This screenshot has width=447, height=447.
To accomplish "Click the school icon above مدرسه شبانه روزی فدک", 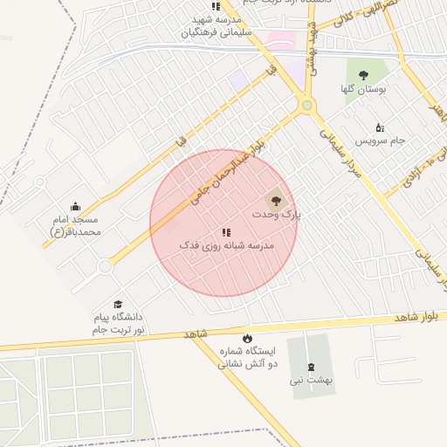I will click(x=226, y=232).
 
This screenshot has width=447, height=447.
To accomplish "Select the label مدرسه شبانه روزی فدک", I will click(x=226, y=246).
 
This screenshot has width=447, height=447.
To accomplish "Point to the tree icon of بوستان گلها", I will click(x=363, y=75).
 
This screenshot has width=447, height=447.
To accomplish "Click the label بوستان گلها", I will click(x=363, y=90).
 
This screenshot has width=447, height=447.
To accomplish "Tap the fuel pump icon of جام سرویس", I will click(x=379, y=127).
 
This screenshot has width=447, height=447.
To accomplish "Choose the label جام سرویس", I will click(x=380, y=141).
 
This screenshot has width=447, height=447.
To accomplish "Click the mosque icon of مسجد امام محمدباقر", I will click(x=75, y=207).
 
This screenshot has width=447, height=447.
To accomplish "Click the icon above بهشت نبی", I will click(x=311, y=367).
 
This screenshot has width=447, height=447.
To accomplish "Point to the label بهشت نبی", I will click(x=313, y=381).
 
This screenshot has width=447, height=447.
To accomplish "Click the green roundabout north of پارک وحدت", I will click(x=306, y=106).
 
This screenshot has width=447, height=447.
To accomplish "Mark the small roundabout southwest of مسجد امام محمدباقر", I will click(x=106, y=265).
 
